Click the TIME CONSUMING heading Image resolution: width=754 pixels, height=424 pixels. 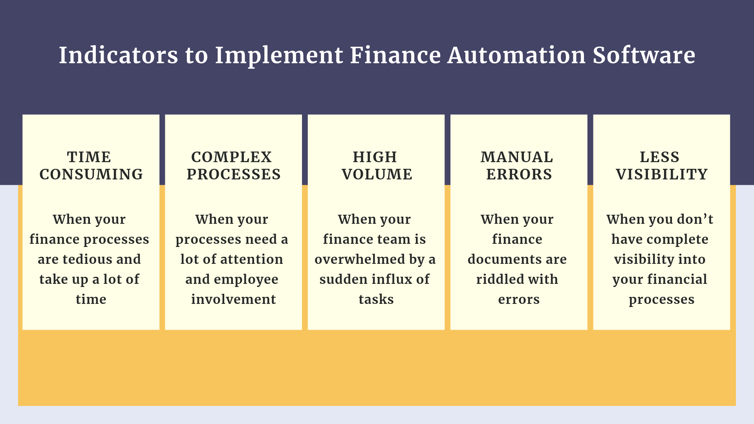[91, 166]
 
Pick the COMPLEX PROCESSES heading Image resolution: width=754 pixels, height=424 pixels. [233, 166]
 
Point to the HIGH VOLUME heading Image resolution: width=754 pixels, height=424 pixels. [376, 166]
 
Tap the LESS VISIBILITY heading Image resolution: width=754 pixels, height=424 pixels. [661, 166]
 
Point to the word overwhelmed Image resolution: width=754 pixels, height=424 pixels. [360, 259]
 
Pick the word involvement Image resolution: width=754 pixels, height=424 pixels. [233, 299]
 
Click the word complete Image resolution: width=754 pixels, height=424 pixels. [677, 239]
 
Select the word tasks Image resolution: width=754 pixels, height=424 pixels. [376, 299]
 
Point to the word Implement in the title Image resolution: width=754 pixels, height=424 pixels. [279, 56]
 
